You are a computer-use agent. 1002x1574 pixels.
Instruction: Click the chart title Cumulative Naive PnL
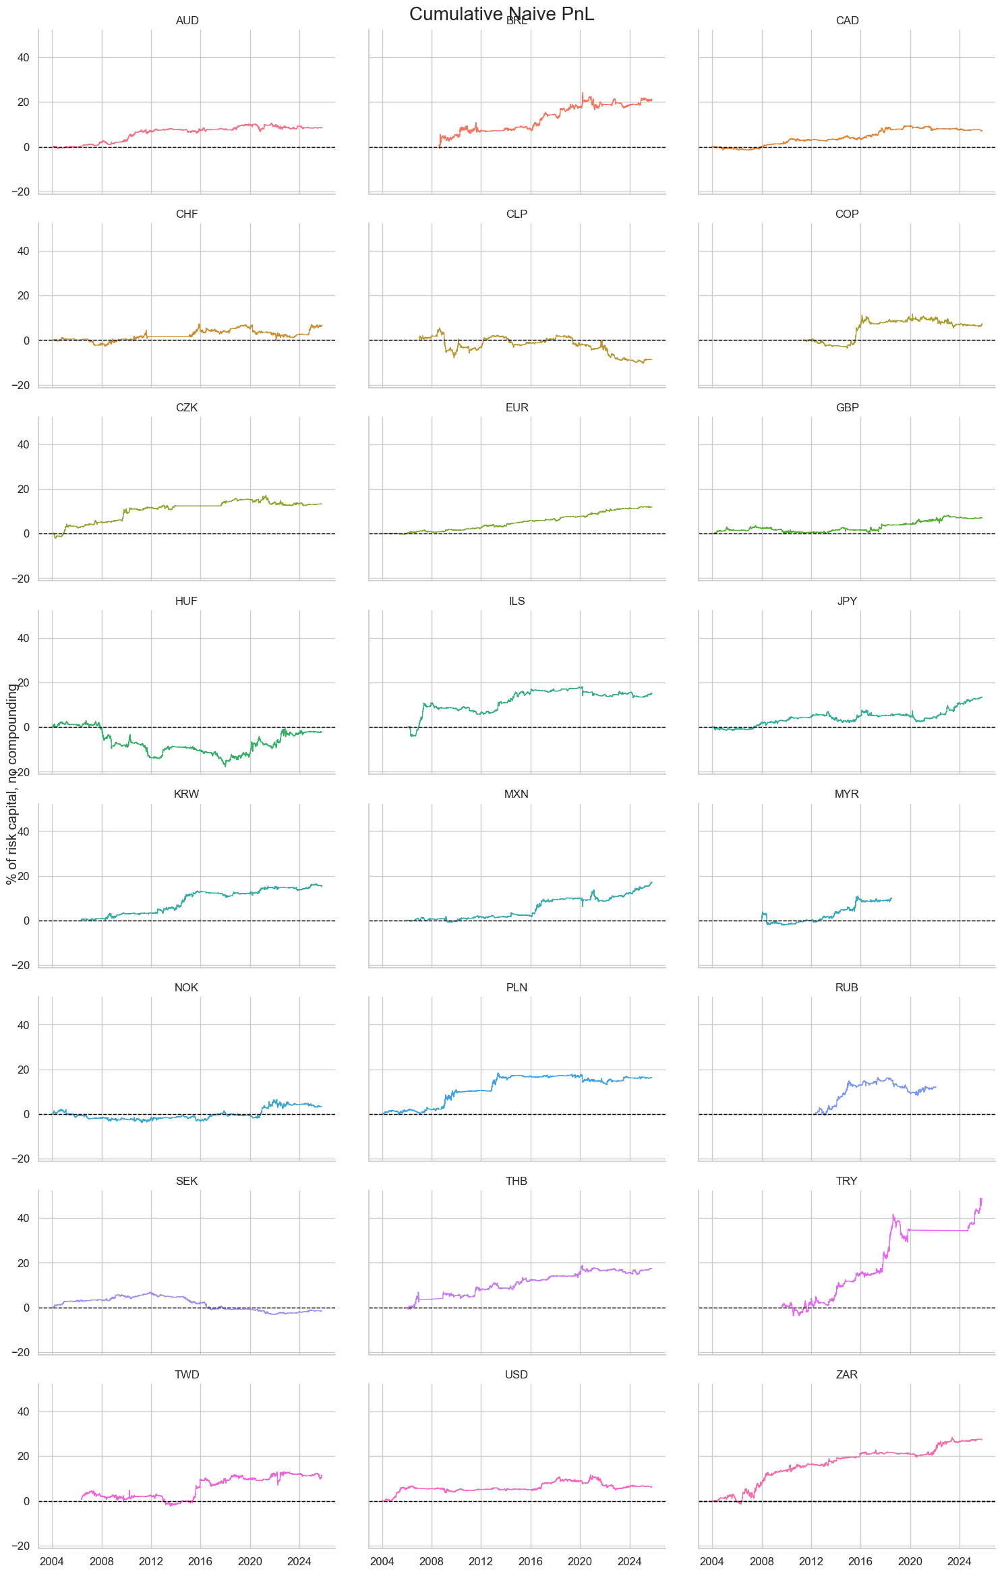pyautogui.click(x=501, y=13)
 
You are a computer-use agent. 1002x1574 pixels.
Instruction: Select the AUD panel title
pyautogui.click(x=187, y=21)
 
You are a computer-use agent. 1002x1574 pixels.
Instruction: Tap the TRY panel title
pyautogui.click(x=846, y=1181)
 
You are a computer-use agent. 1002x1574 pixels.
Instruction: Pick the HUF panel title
pyautogui.click(x=186, y=601)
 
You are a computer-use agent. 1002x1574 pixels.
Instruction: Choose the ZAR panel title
pyautogui.click(x=846, y=1374)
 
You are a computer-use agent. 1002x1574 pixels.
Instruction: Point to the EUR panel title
pyautogui.click(x=517, y=407)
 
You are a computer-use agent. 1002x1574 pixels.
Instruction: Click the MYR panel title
pyautogui.click(x=846, y=794)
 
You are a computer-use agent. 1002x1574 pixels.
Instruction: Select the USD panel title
pyautogui.click(x=517, y=1374)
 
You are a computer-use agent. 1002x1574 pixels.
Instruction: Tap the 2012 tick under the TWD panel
pyautogui.click(x=151, y=1562)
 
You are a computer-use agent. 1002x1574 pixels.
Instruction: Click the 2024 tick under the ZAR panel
pyautogui.click(x=960, y=1562)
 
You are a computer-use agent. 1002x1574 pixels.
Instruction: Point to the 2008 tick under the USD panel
pyautogui.click(x=432, y=1562)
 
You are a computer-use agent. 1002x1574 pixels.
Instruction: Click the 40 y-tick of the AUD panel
pyautogui.click(x=23, y=57)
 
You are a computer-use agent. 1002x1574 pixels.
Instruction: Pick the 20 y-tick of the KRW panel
pyautogui.click(x=23, y=876)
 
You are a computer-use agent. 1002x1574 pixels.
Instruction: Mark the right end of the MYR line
pyautogui.click(x=891, y=898)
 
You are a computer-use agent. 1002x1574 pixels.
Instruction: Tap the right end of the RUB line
pyautogui.click(x=935, y=1086)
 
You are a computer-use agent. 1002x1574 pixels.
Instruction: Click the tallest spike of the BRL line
pyautogui.click(x=583, y=93)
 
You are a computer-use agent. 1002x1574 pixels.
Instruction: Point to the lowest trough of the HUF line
pyautogui.click(x=225, y=765)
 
